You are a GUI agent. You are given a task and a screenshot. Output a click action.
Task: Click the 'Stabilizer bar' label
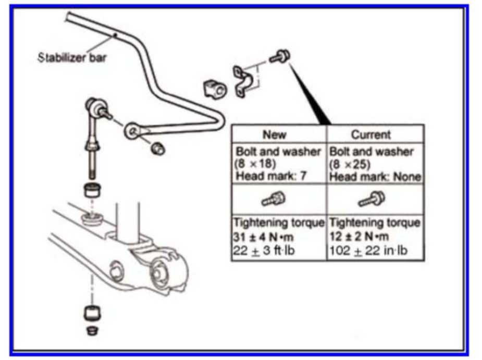point(72,57)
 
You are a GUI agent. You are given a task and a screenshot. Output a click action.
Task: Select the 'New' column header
point(274,135)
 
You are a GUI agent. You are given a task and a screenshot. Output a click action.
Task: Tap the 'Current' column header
point(370,135)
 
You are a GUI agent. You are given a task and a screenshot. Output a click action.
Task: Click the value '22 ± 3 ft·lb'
point(263,251)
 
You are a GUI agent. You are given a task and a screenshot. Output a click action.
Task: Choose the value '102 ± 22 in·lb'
point(368,251)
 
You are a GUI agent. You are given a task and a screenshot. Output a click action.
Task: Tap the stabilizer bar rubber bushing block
point(215,90)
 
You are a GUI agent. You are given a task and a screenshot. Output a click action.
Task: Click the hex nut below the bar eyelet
point(157,148)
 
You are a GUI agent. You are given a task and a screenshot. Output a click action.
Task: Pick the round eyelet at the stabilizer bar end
point(133,130)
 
